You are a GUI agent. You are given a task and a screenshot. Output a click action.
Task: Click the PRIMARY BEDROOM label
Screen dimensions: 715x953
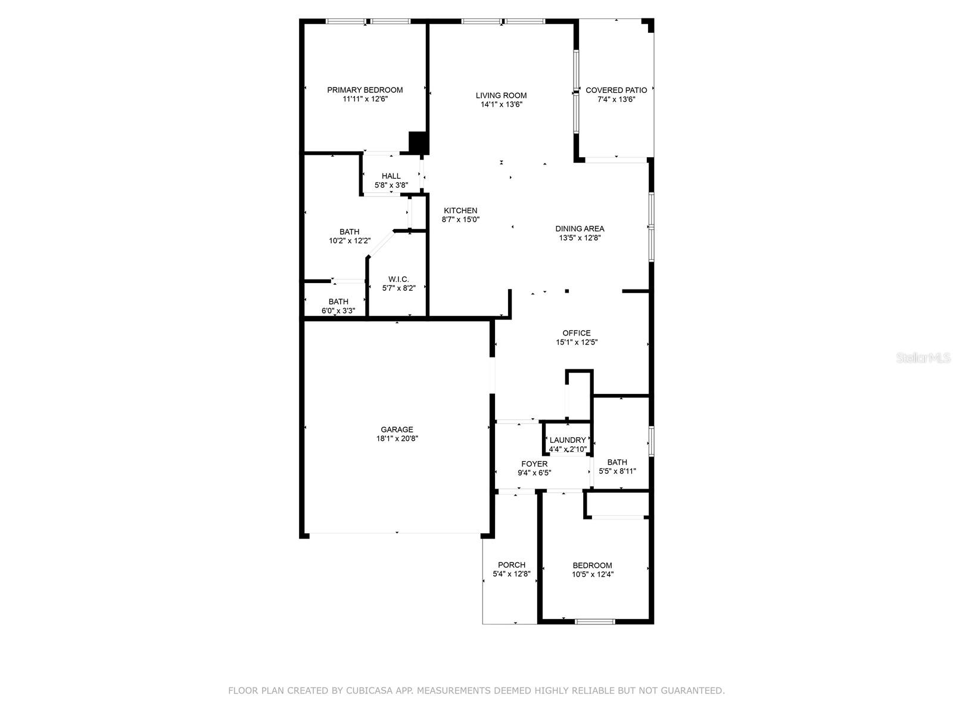365,90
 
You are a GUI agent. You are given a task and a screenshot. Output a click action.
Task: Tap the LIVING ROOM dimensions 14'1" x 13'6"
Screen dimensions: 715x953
501,105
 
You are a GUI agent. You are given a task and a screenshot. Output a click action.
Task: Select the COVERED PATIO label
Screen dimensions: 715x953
616,91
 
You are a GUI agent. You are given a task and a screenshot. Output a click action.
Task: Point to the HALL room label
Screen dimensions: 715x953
391,176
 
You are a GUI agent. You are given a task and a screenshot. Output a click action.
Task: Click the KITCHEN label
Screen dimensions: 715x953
460,210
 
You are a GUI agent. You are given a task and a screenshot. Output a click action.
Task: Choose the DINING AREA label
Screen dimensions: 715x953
580,229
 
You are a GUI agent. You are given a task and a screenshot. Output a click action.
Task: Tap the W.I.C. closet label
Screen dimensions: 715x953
398,279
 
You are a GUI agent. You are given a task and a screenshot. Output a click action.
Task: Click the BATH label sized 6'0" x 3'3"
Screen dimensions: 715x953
338,301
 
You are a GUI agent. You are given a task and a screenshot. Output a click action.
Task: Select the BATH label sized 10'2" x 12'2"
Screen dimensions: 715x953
350,232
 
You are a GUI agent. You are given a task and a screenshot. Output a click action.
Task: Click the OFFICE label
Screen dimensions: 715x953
577,333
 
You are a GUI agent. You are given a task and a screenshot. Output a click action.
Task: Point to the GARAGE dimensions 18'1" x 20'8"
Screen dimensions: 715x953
397,439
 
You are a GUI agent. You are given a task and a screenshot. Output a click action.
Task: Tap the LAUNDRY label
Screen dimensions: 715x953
568,440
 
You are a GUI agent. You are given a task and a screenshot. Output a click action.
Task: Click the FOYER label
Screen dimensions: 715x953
534,464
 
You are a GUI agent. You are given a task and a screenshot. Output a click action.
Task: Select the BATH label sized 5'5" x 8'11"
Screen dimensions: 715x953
617,462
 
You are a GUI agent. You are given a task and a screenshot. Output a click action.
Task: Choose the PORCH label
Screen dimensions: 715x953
511,565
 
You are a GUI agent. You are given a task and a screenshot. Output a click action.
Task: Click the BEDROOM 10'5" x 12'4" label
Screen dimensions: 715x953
592,565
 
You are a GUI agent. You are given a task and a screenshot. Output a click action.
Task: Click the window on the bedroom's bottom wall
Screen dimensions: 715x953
594,621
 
